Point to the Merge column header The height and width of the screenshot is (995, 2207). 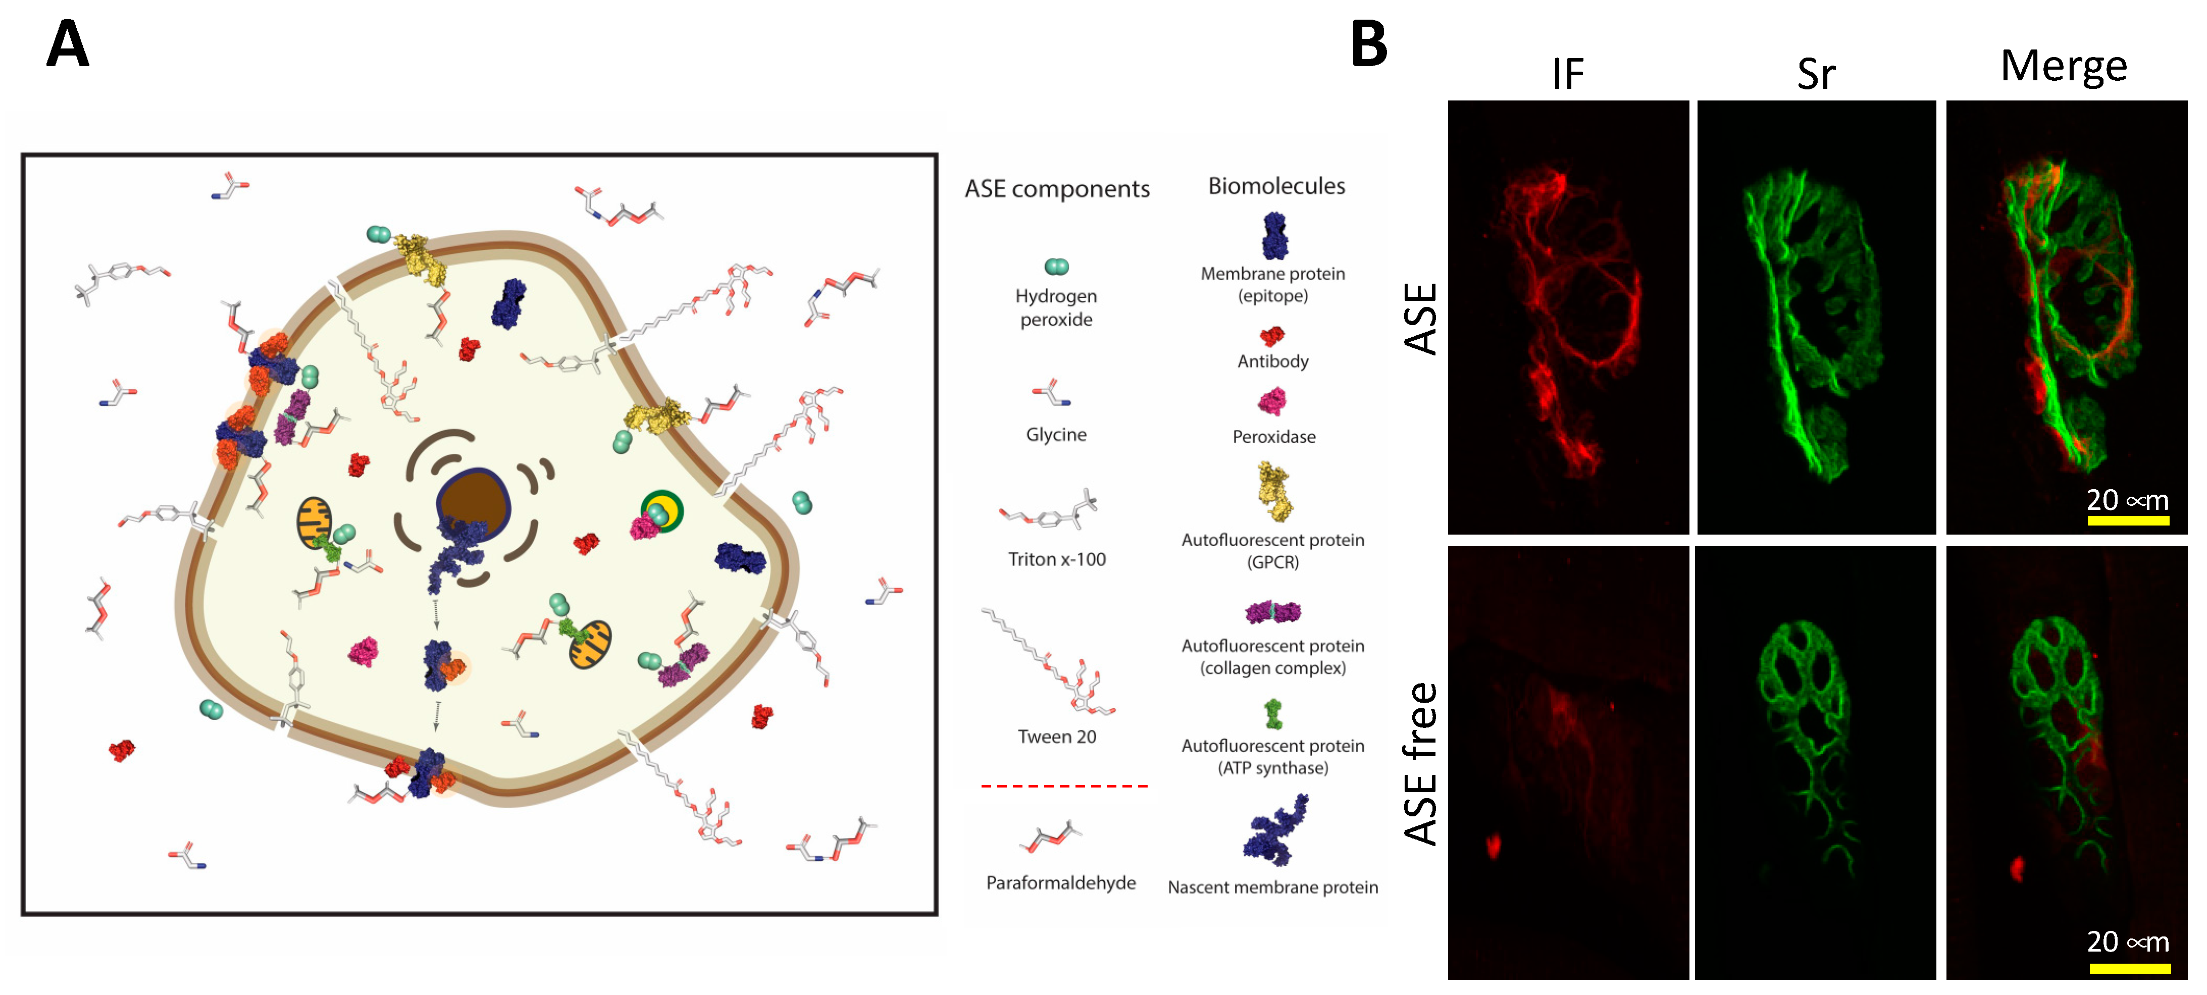(2063, 67)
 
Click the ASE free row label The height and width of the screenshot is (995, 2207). (1420, 763)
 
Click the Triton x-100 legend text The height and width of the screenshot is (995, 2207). (1056, 560)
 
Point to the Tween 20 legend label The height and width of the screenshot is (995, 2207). (1056, 737)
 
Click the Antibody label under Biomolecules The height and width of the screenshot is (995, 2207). (1272, 361)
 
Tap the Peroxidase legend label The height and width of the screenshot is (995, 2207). (1273, 437)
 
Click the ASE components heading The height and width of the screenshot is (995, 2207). (1056, 188)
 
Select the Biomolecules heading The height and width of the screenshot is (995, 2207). (1276, 186)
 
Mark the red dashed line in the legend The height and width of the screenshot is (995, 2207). (1064, 785)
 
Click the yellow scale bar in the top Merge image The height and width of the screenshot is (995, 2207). (2127, 520)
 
